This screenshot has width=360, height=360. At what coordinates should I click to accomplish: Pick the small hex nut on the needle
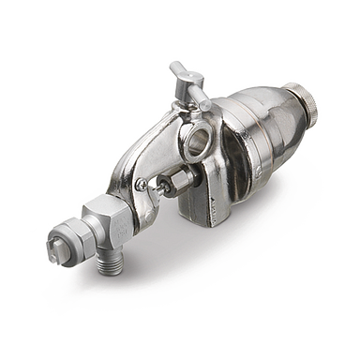pyautogui.click(x=175, y=178)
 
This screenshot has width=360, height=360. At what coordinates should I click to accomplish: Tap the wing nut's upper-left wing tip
pyautogui.click(x=173, y=67)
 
